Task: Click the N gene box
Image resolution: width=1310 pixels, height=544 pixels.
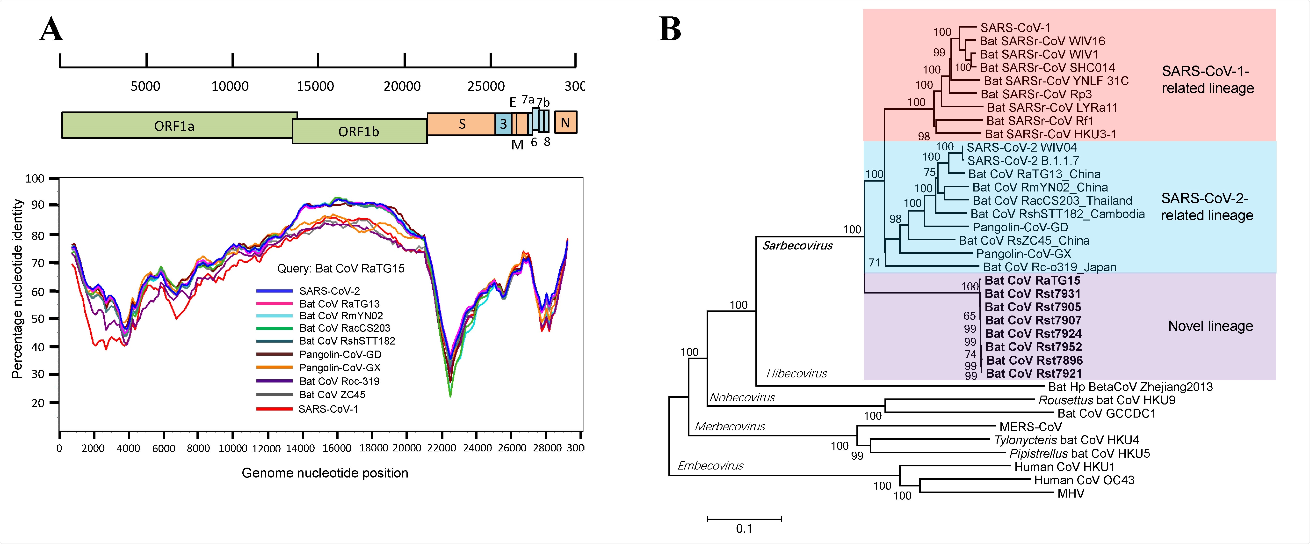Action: [565, 123]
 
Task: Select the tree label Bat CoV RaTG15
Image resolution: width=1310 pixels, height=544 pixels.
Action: [1032, 280]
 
